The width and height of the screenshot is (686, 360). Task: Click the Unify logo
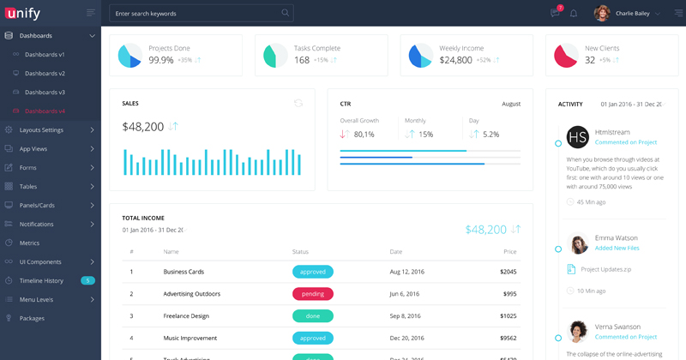pyautogui.click(x=27, y=13)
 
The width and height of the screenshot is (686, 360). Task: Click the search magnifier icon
pyautogui.click(x=285, y=13)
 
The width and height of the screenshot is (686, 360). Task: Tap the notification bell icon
pyautogui.click(x=574, y=13)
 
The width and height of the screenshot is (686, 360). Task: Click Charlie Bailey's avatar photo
pyautogui.click(x=602, y=13)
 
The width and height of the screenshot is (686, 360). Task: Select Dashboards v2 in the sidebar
pyautogui.click(x=45, y=73)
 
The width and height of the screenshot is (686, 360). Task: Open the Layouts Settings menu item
pyautogui.click(x=41, y=129)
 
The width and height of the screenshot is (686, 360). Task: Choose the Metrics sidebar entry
pyautogui.click(x=29, y=243)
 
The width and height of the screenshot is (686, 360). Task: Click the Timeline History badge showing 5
pyautogui.click(x=87, y=280)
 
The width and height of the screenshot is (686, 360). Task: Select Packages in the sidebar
pyautogui.click(x=32, y=318)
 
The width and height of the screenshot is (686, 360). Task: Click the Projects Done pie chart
pyautogui.click(x=129, y=55)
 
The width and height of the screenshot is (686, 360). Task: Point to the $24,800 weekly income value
pyautogui.click(x=455, y=60)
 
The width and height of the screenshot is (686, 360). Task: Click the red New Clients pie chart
pyautogui.click(x=565, y=55)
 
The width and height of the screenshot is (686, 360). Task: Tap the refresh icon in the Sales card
pyautogui.click(x=298, y=103)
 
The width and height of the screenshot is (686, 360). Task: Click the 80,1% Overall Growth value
pyautogui.click(x=364, y=135)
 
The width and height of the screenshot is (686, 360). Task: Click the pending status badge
pyautogui.click(x=312, y=293)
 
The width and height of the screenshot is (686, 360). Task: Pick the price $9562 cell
pyautogui.click(x=508, y=338)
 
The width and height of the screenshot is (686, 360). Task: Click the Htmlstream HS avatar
pyautogui.click(x=578, y=137)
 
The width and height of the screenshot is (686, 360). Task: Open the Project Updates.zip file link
pyautogui.click(x=605, y=269)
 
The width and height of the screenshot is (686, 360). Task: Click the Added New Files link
pyautogui.click(x=617, y=248)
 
